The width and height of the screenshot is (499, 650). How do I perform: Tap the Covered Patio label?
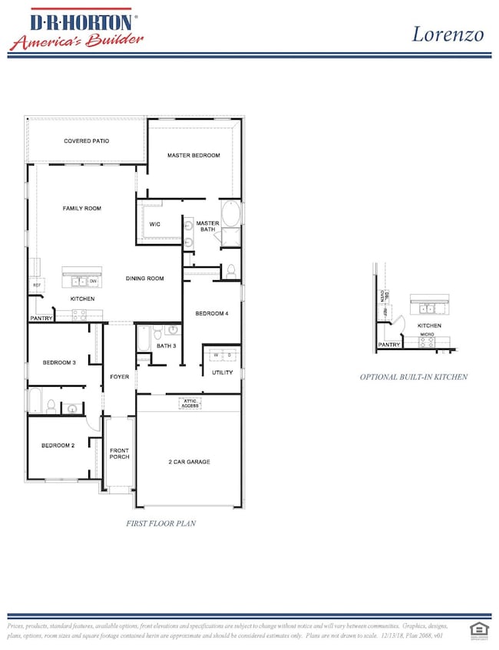(x=86, y=141)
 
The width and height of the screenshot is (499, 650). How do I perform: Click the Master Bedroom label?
(x=193, y=155)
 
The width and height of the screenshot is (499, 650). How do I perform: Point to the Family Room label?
(x=81, y=208)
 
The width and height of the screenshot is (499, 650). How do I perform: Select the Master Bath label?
(x=207, y=226)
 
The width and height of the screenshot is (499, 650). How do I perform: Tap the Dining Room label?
(x=145, y=279)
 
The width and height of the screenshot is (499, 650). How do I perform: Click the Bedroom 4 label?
(x=211, y=313)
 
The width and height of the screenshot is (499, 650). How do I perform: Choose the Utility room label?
(x=222, y=372)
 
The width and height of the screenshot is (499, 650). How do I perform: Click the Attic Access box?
(x=191, y=402)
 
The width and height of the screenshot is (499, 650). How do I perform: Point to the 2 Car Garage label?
(x=189, y=461)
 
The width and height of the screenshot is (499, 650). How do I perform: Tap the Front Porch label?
(x=119, y=454)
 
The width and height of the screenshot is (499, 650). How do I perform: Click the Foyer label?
(x=119, y=377)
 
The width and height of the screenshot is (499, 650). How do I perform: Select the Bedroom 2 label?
(x=58, y=445)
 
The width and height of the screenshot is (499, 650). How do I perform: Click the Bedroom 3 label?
(x=58, y=362)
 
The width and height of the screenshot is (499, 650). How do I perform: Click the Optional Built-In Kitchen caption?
(x=414, y=377)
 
